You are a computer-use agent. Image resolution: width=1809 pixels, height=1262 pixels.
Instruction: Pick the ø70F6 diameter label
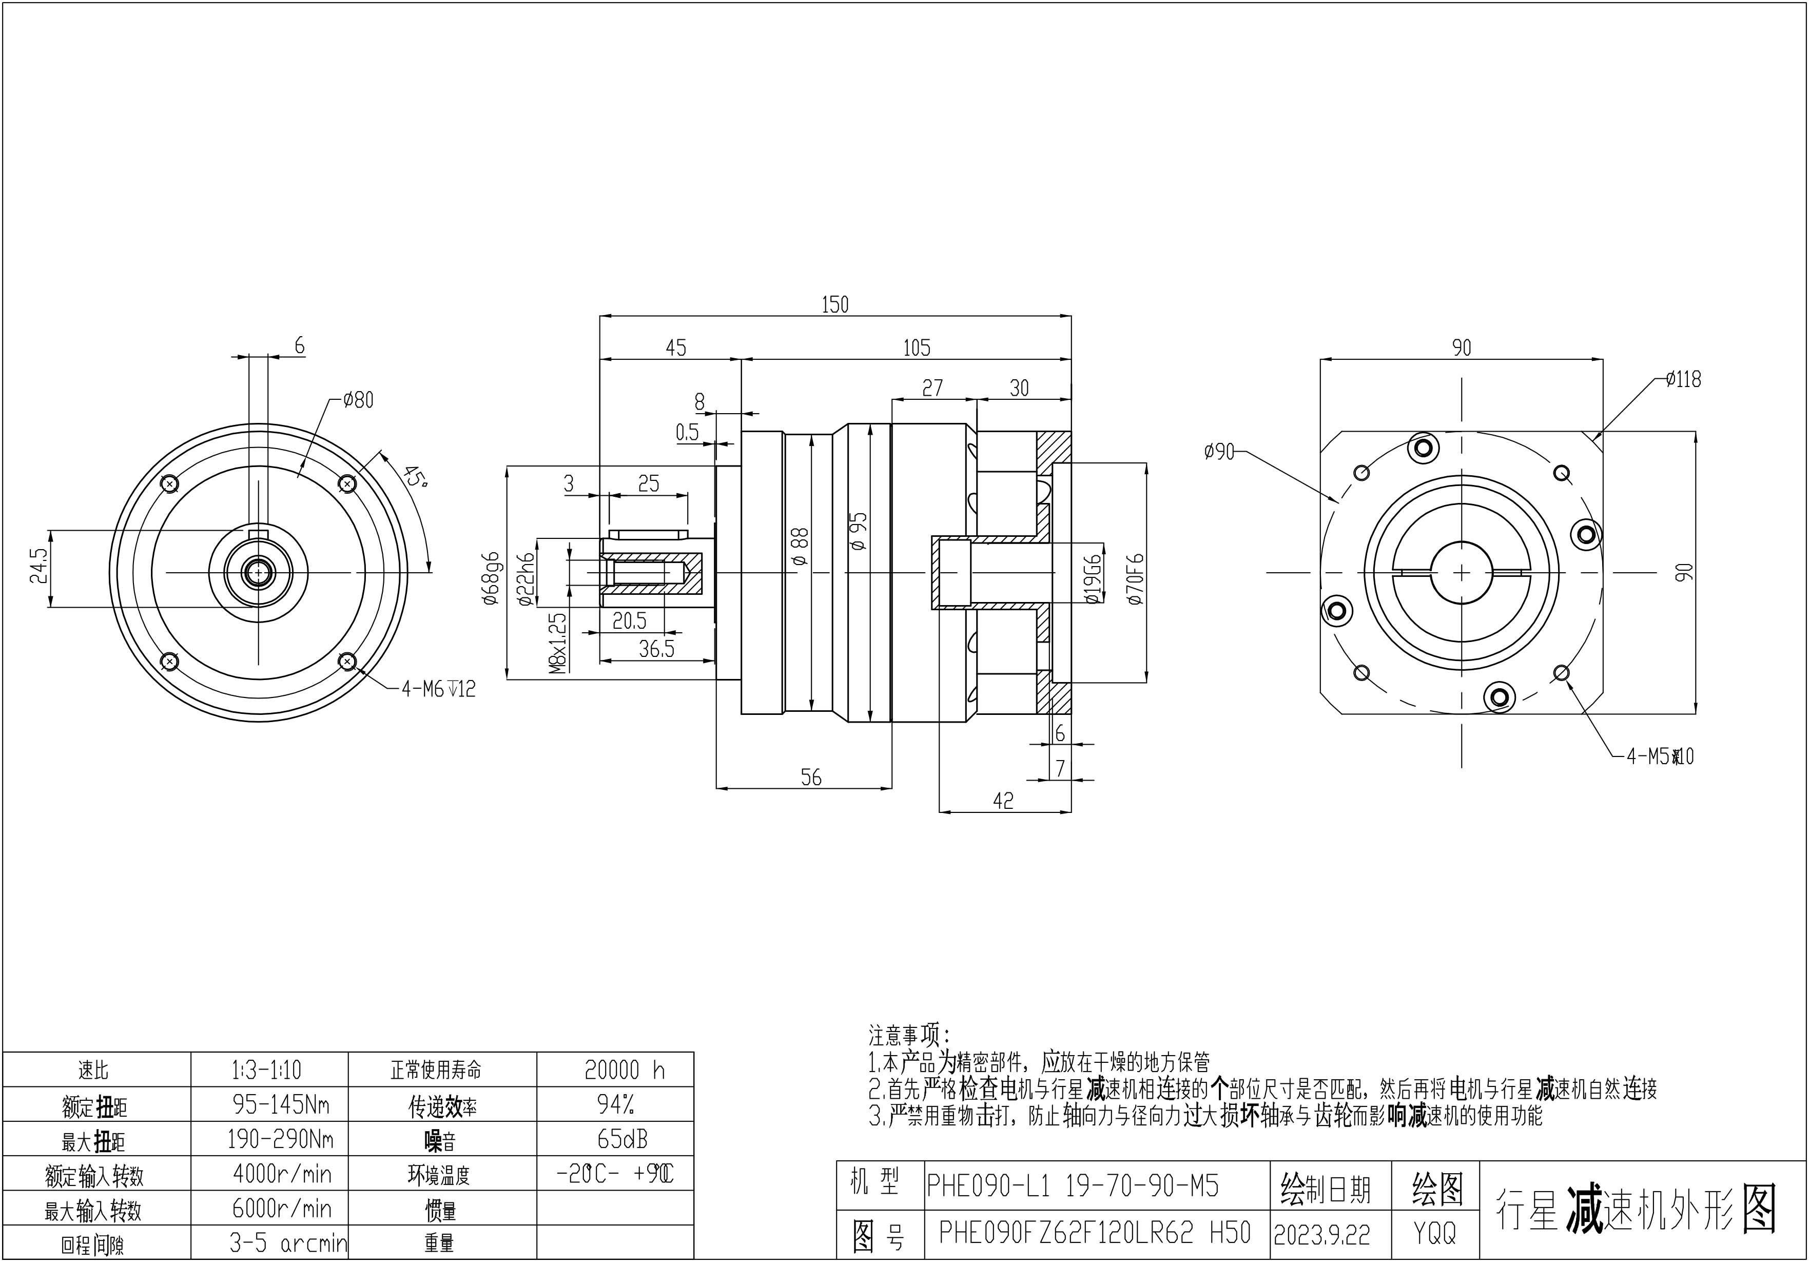click(x=1135, y=578)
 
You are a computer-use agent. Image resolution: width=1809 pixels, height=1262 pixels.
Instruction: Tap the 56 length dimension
click(x=811, y=778)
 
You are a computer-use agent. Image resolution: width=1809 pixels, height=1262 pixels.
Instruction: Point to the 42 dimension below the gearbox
click(x=1003, y=801)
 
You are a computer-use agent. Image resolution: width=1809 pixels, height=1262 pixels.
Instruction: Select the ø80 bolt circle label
click(x=359, y=400)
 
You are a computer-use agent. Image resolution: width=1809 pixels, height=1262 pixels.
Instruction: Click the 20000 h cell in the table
click(x=624, y=1070)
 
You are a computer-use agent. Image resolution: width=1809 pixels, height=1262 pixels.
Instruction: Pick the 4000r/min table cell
click(x=282, y=1175)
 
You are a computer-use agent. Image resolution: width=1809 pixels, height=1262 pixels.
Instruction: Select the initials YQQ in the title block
click(x=1435, y=1234)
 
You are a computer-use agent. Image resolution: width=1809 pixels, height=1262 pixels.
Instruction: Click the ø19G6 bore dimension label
click(x=1093, y=578)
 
